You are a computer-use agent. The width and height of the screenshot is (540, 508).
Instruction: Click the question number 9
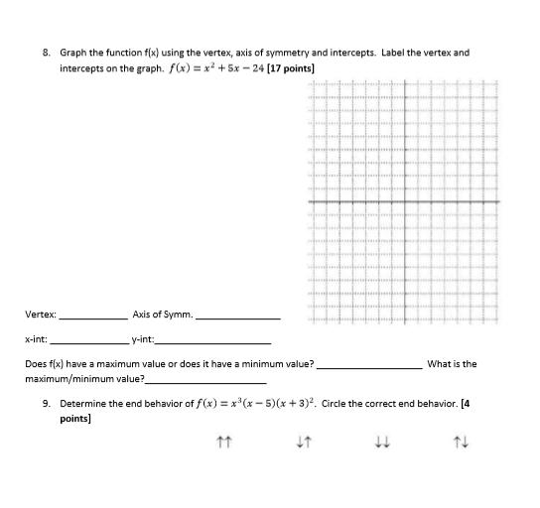47,405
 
